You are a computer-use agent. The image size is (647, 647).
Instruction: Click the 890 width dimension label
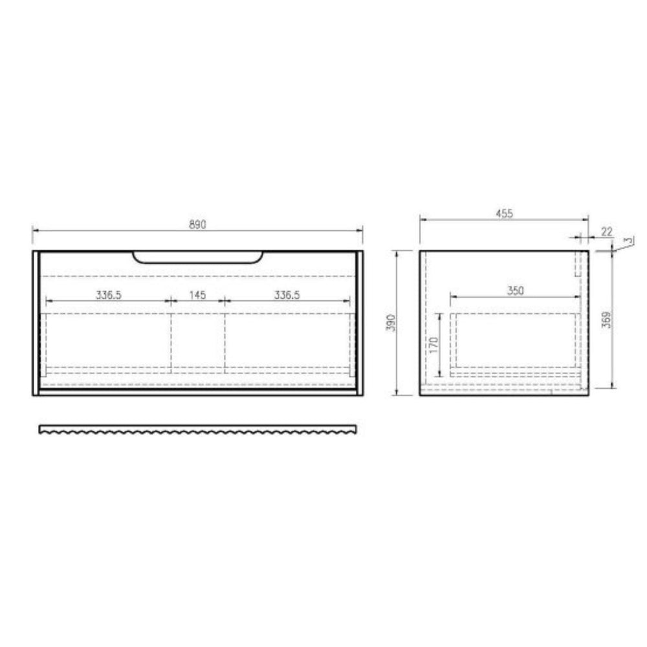[x=197, y=225]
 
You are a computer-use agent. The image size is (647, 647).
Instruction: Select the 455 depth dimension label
[x=504, y=214]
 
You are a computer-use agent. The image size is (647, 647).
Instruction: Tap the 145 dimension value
[x=197, y=295]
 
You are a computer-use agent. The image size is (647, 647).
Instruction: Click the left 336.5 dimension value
[x=109, y=295]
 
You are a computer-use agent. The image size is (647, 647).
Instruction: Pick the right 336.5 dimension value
[x=287, y=295]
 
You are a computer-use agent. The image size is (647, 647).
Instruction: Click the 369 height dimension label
[x=606, y=320]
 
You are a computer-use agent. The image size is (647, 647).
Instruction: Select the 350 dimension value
[x=516, y=291]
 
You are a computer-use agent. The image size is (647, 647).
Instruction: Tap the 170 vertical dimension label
[x=433, y=345]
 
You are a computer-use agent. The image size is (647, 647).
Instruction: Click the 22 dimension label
[x=607, y=232]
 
